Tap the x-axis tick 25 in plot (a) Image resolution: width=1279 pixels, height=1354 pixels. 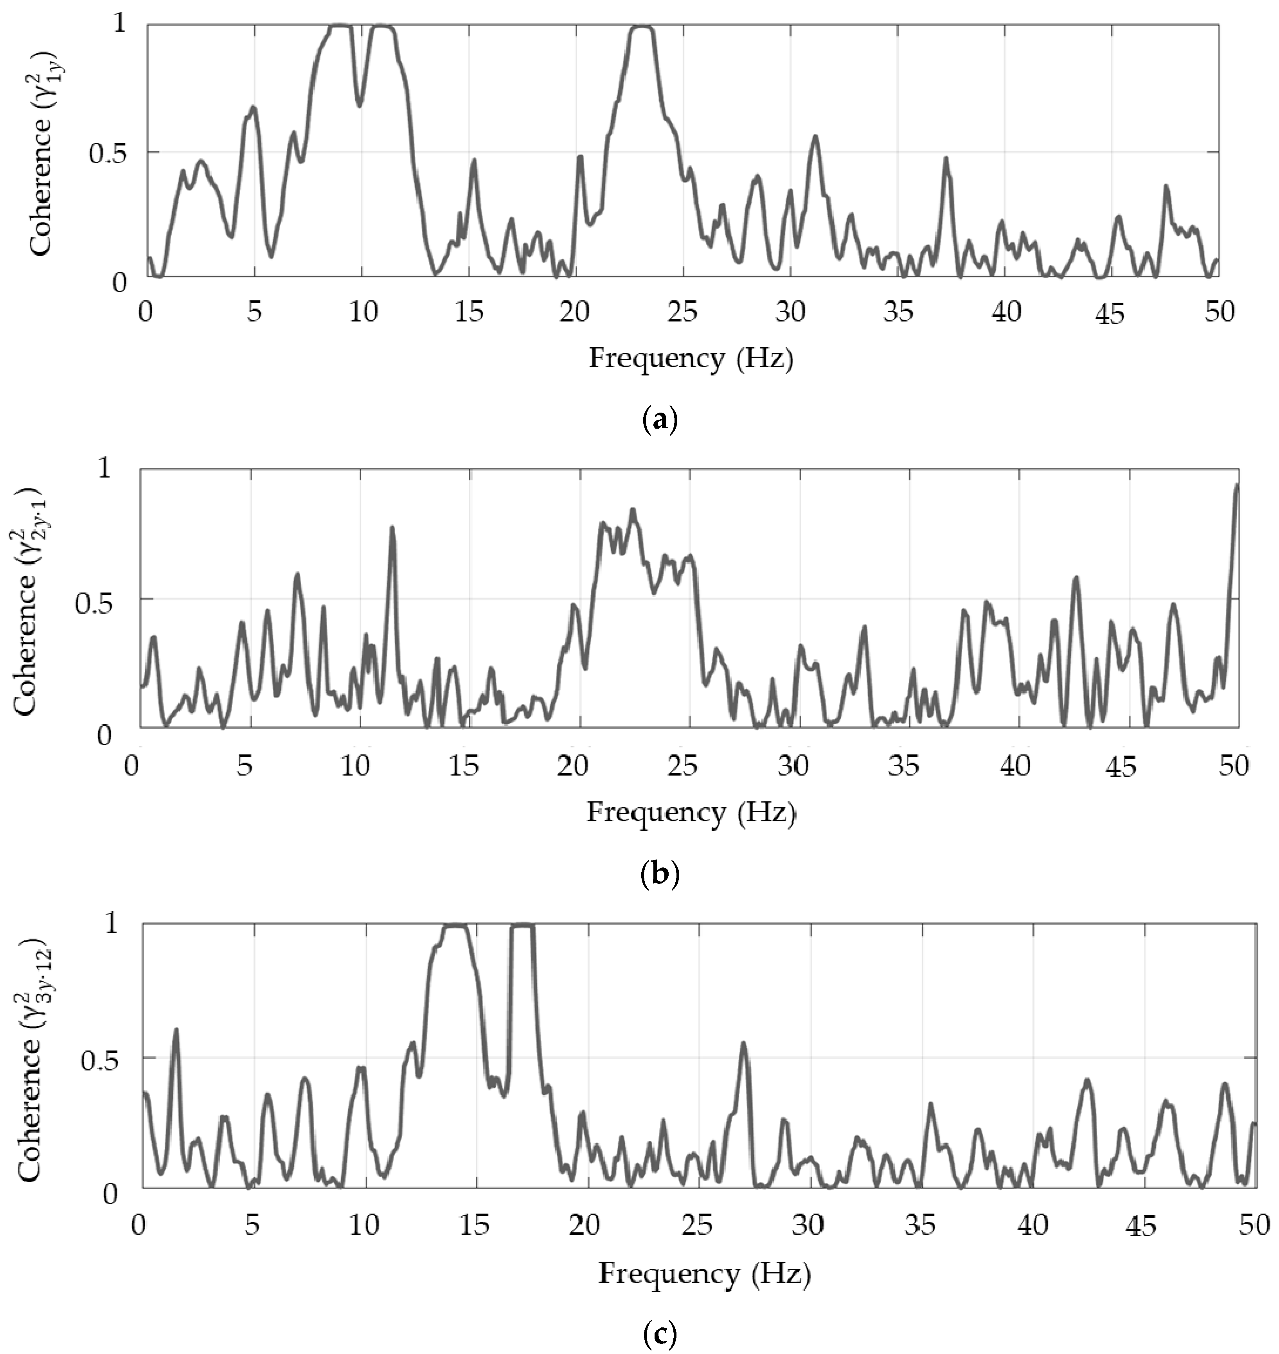(x=682, y=313)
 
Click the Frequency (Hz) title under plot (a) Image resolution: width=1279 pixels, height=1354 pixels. (x=691, y=358)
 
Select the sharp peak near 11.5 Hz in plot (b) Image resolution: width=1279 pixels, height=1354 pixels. (x=392, y=528)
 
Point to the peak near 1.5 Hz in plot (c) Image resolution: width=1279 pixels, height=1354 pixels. (x=176, y=1030)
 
